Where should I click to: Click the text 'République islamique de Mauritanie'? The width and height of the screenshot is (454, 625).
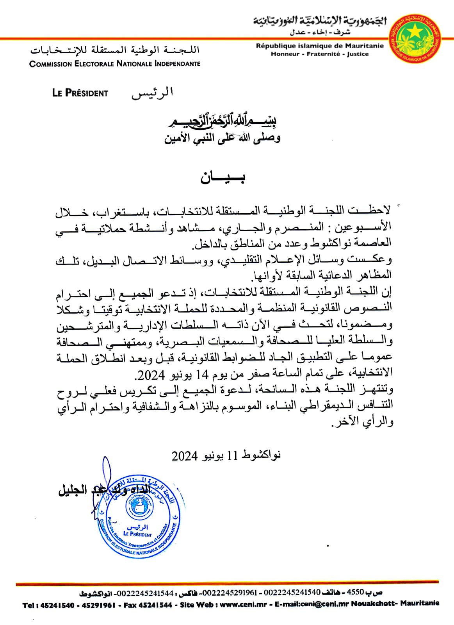tap(320, 46)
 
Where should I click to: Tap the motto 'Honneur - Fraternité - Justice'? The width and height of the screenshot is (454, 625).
tap(320, 54)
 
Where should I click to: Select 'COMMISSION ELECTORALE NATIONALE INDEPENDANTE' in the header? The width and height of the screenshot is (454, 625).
tap(115, 64)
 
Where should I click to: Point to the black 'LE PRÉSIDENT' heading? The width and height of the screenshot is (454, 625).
tap(80, 93)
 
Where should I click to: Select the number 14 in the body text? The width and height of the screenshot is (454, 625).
tap(203, 375)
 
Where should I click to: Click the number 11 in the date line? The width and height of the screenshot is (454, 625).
tap(232, 455)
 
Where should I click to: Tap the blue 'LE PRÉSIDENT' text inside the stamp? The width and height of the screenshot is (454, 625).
tap(137, 534)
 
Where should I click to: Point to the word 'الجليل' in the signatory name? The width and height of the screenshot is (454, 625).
tap(73, 491)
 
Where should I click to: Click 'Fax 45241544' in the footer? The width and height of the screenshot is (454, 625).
tap(148, 605)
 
